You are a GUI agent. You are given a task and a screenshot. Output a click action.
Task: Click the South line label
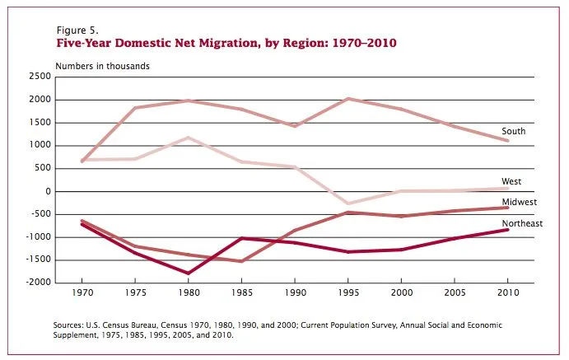pyautogui.click(x=513, y=131)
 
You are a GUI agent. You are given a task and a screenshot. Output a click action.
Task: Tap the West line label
pyautogui.click(x=512, y=181)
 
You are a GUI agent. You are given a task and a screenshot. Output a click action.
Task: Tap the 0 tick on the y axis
pyautogui.click(x=48, y=191)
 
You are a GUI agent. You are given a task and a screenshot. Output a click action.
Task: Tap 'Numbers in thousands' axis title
pyautogui.click(x=102, y=66)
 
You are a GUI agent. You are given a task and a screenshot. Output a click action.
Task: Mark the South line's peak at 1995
pyautogui.click(x=348, y=99)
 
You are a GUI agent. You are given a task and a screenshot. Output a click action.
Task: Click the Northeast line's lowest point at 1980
pyautogui.click(x=188, y=273)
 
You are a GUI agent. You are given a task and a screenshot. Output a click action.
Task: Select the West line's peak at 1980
pyautogui.click(x=188, y=138)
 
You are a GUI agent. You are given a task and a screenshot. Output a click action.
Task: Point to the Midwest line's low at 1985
pyautogui.click(x=241, y=261)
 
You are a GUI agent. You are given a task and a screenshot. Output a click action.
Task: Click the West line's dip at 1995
pyautogui.click(x=348, y=203)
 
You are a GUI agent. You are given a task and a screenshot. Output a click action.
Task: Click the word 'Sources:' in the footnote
pyautogui.click(x=70, y=325)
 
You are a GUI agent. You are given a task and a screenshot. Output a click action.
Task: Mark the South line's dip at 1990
pyautogui.click(x=295, y=126)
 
